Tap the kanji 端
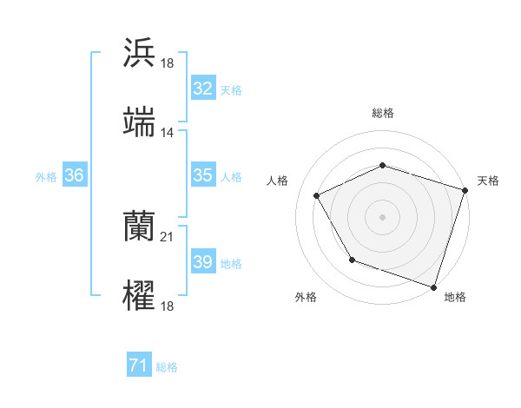tap(139, 122)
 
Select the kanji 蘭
tap(139, 227)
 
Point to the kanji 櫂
tap(139, 296)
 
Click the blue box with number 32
tap(202, 88)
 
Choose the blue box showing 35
tap(202, 175)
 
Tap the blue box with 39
tap(202, 262)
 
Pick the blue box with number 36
tap(74, 175)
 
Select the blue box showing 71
tap(138, 366)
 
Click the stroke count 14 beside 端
tap(168, 133)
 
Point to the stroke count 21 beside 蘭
tap(168, 237)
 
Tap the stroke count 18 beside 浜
tap(168, 63)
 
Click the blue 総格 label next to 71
tap(167, 367)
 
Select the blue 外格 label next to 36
tap(46, 176)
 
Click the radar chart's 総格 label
tap(382, 113)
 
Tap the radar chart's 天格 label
tap(489, 181)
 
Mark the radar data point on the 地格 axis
tap(433, 286)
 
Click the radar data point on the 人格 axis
tap(317, 196)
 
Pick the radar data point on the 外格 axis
tap(352, 260)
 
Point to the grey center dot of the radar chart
tap(382, 217)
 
